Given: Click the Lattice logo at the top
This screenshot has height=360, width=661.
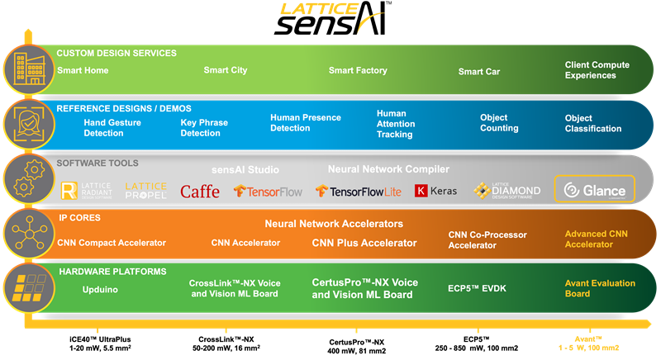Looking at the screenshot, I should [319, 10].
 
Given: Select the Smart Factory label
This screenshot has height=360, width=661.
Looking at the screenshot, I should [358, 71].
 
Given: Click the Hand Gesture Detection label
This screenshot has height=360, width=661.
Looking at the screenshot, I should [112, 127].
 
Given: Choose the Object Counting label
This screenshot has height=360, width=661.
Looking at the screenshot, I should [499, 123].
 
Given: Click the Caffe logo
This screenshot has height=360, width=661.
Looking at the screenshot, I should [200, 192].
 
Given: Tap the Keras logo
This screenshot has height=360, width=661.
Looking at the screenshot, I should [436, 191].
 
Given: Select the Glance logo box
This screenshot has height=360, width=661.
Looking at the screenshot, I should [594, 190].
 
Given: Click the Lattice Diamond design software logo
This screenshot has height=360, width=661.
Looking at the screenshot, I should [507, 191].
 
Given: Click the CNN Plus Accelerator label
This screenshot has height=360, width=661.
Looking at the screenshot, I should [364, 243].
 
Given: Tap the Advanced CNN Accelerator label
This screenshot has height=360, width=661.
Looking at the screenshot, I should [596, 239].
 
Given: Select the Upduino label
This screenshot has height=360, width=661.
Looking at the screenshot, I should [100, 290].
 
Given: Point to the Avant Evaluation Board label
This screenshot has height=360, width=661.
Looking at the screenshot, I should [589, 288].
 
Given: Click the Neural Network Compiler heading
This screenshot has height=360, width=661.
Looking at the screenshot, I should [388, 169].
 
